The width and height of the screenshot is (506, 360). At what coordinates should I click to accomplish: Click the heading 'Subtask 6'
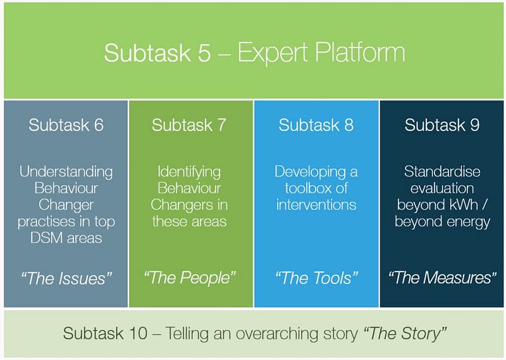(x=66, y=125)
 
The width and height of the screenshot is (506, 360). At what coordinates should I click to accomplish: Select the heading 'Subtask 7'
(x=188, y=125)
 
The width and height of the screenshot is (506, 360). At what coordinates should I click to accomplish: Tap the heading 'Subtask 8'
(x=316, y=125)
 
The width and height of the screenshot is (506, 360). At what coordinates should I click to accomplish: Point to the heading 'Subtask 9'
(x=442, y=125)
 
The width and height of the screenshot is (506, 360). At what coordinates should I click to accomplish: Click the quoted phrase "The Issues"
(x=66, y=277)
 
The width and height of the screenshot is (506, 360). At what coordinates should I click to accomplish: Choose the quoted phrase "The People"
(x=189, y=277)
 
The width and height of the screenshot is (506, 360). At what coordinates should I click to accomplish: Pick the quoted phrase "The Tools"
(x=316, y=277)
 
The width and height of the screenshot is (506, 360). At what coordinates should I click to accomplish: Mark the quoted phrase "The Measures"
(x=442, y=277)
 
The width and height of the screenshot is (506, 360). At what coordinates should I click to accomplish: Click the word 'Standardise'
(x=442, y=171)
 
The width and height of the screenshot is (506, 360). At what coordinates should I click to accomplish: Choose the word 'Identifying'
(x=189, y=171)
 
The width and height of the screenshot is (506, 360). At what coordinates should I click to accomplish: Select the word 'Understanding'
(x=66, y=171)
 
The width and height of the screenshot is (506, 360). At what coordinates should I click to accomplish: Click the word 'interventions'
(x=316, y=204)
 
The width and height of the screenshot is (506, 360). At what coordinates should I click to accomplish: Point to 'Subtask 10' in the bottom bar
(x=104, y=333)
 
